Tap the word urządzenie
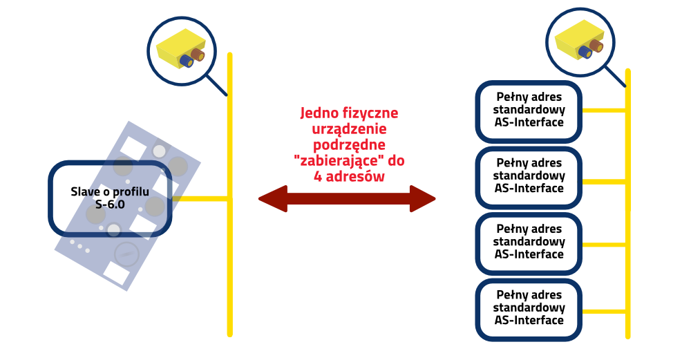pyautogui.click(x=349, y=129)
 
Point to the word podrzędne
pyautogui.click(x=349, y=145)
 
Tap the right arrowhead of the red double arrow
pyautogui.click(x=422, y=199)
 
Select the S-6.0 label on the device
pyautogui.click(x=110, y=204)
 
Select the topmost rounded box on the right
pyautogui.click(x=529, y=113)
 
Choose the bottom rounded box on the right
pyautogui.click(x=529, y=310)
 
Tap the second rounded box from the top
pyautogui.click(x=529, y=178)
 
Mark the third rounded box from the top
pyautogui.click(x=529, y=244)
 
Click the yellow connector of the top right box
pyautogui.click(x=603, y=110)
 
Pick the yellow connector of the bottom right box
pyautogui.click(x=603, y=311)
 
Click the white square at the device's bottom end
pyautogui.click(x=116, y=272)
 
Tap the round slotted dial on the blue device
pyautogui.click(x=126, y=254)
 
